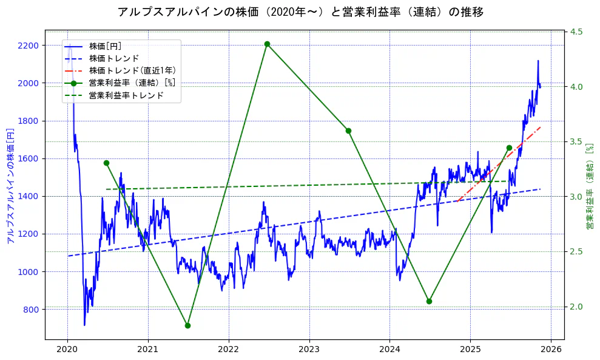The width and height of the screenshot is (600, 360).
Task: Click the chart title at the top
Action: [x=300, y=12]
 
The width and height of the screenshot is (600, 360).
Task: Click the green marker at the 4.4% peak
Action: [x=267, y=44]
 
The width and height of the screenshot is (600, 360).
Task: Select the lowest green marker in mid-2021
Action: [x=187, y=325]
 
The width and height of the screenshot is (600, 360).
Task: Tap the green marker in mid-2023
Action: [x=348, y=131]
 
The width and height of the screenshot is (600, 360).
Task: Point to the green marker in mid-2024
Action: [x=429, y=301]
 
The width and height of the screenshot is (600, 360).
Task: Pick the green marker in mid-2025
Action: [x=509, y=148]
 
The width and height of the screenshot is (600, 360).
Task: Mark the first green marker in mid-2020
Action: [x=106, y=163]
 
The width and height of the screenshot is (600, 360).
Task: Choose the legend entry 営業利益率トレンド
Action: [x=126, y=95]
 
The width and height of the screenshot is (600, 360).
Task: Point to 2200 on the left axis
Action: [x=29, y=46]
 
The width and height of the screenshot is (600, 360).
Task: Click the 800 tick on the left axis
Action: [x=31, y=310]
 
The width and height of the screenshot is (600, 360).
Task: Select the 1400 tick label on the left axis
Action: [x=29, y=196]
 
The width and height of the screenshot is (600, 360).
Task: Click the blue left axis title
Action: [x=9, y=185]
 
